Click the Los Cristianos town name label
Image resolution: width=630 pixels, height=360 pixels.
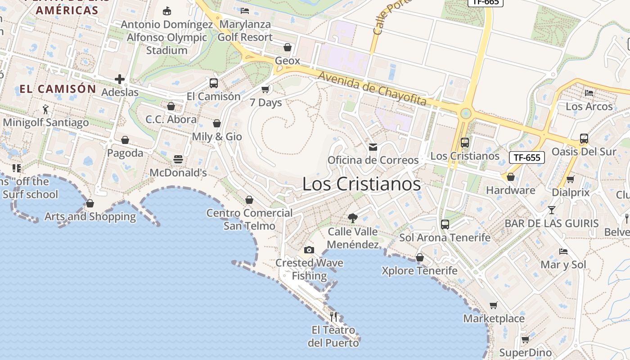click(x=361, y=184)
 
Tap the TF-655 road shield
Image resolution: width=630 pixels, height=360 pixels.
click(x=527, y=157)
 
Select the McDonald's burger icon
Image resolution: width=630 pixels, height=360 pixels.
click(x=178, y=159)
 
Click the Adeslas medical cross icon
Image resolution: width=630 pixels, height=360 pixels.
click(x=120, y=80)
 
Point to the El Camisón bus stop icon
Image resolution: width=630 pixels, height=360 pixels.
click(x=214, y=83)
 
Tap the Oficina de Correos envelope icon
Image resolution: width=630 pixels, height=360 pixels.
click(x=373, y=147)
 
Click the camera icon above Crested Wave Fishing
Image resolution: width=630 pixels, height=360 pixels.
click(x=309, y=250)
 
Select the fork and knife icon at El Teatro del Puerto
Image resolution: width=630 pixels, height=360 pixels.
click(x=333, y=316)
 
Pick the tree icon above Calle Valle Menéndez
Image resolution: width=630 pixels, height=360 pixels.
click(x=353, y=218)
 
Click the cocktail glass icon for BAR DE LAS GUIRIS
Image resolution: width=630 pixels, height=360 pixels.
click(x=552, y=210)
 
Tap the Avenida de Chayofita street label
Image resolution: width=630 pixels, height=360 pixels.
click(x=372, y=88)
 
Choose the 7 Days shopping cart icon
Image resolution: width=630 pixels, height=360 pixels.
click(x=265, y=89)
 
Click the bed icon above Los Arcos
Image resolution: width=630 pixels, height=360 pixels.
click(x=589, y=93)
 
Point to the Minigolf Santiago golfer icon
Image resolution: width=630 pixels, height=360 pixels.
click(x=45, y=109)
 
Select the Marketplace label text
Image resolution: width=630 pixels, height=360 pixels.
click(x=494, y=319)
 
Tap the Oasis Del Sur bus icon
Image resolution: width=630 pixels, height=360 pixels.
click(x=584, y=139)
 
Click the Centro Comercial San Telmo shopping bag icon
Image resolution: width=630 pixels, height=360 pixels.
click(x=249, y=200)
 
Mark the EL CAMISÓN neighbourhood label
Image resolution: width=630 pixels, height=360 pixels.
click(x=58, y=89)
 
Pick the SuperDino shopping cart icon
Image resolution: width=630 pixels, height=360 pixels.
click(x=525, y=339)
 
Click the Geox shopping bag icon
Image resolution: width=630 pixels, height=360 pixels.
click(x=287, y=47)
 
